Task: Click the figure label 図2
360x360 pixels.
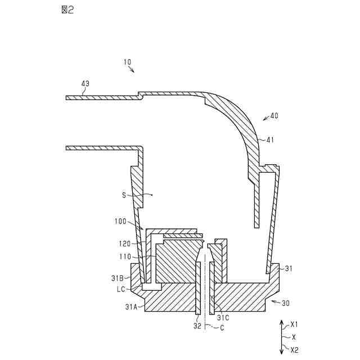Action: pos(66,10)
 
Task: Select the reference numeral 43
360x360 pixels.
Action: pos(85,84)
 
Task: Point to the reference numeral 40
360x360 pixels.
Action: pos(274,116)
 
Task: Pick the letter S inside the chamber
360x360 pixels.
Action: pos(124,195)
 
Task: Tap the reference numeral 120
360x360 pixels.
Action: pos(124,244)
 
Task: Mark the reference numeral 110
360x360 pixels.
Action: pos(124,257)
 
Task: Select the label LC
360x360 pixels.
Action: pos(121,289)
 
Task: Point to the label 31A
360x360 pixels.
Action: pos(131,307)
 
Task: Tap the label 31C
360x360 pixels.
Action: pos(223,317)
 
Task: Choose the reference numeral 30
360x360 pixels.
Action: pos(285,303)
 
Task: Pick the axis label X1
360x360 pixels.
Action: pos(294,325)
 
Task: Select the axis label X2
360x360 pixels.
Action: pos(294,349)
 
